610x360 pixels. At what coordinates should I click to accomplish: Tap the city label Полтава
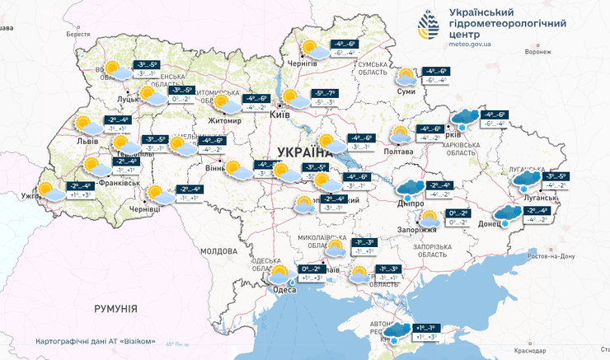click(x=398, y=151)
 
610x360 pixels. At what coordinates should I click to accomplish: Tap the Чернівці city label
click(x=143, y=210)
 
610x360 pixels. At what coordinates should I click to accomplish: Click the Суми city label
click(x=406, y=92)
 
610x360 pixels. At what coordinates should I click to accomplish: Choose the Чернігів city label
click(x=301, y=63)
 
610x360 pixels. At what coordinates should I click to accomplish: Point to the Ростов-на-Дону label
click(x=572, y=255)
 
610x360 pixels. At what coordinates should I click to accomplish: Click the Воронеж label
click(x=537, y=52)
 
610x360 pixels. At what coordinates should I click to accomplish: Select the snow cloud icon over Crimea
click(x=399, y=331)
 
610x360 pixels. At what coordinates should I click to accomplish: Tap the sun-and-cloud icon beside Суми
click(x=406, y=77)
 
